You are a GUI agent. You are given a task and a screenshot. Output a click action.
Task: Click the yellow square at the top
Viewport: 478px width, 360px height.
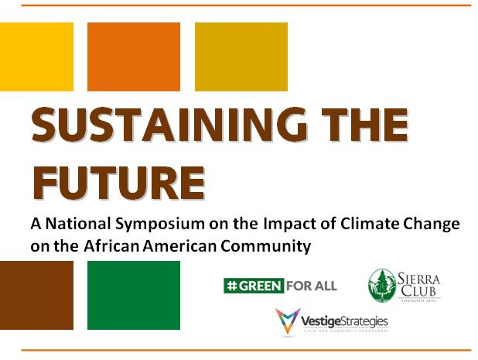coord(36,57)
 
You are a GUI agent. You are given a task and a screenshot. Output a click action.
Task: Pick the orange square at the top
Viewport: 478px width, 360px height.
coord(133,57)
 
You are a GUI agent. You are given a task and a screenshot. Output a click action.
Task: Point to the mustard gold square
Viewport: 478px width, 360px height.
coord(241,57)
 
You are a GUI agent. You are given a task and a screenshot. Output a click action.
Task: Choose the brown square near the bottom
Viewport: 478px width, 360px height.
coord(36,295)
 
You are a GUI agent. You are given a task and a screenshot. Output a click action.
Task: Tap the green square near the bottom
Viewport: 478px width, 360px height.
coord(133,295)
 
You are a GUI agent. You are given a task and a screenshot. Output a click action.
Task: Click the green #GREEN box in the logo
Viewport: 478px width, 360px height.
coord(253,286)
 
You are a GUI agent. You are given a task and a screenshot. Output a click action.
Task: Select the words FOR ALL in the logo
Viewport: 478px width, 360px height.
coord(311,286)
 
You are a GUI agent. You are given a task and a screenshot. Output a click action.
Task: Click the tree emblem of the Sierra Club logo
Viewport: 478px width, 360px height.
coord(381,285)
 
